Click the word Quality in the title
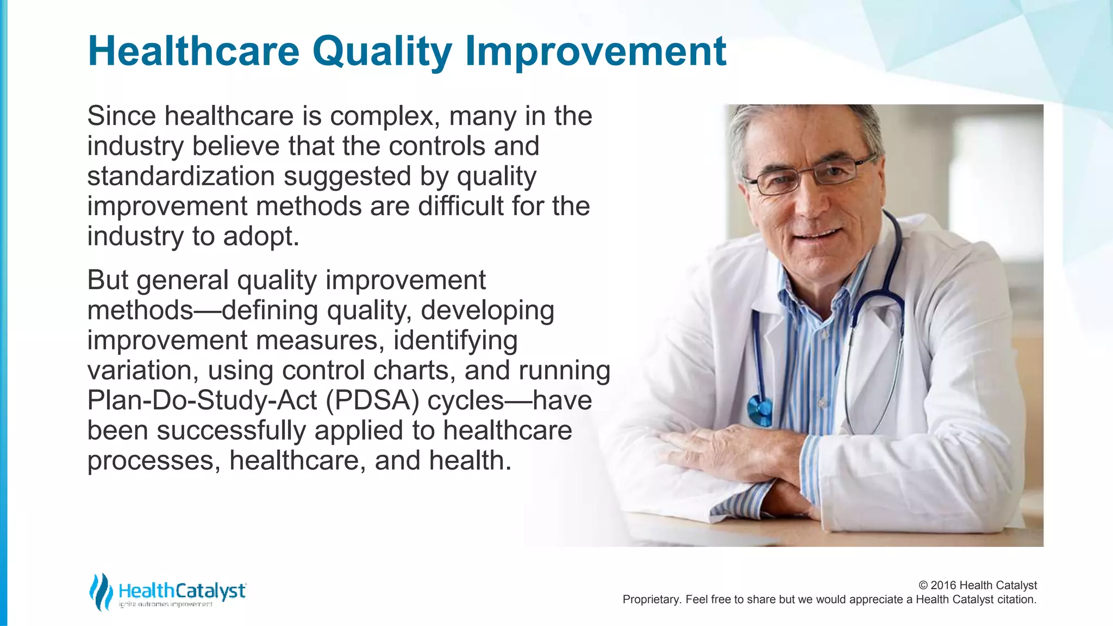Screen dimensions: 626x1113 [382, 52]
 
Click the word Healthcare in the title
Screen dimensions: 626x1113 [193, 52]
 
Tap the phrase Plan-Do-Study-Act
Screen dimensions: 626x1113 [202, 401]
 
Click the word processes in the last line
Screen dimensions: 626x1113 [153, 461]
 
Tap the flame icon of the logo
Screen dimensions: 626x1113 [101, 592]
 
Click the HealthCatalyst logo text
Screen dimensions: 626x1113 [182, 591]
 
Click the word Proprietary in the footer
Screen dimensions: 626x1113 [651, 599]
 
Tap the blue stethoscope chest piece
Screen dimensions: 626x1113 [760, 411]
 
